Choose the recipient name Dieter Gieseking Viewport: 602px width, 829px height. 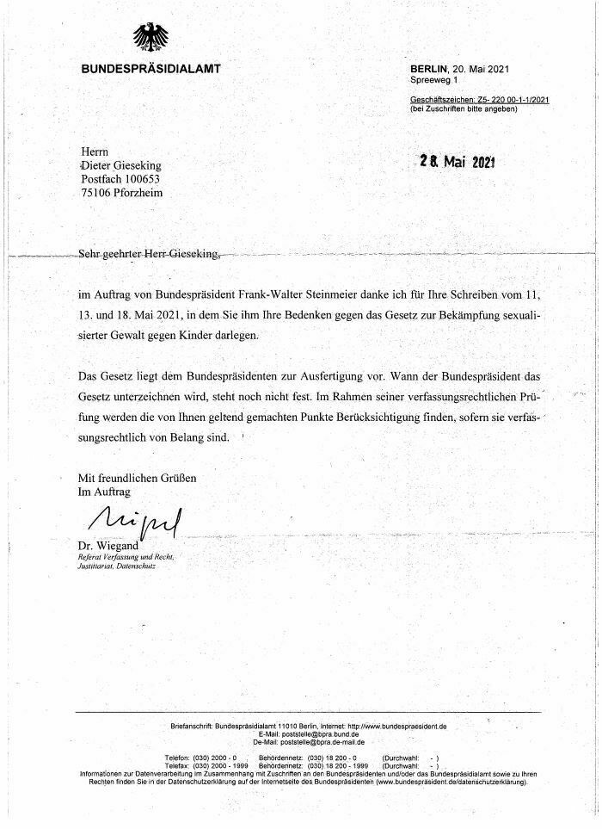(x=120, y=164)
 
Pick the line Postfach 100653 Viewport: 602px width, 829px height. (x=120, y=178)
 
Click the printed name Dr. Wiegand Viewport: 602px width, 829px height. (x=107, y=545)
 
